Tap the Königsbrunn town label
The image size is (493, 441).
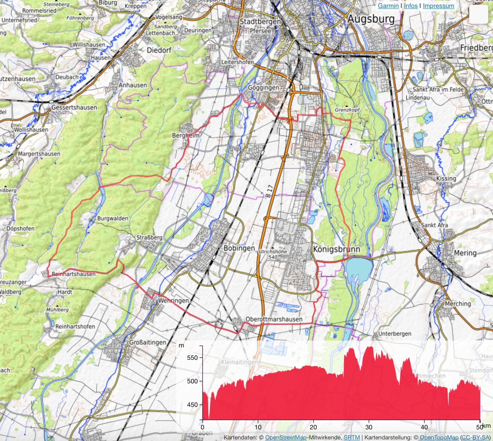pos(336,249)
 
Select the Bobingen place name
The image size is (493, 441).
pos(239,248)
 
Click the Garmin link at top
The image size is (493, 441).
pos(388,6)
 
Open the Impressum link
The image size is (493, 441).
pos(438,6)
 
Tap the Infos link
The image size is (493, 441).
pos(411,6)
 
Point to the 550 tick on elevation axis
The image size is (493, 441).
pos(193,358)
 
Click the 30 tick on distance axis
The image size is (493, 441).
pos(369,427)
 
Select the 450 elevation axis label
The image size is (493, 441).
pos(193,405)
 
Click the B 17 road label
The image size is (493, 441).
pos(270,191)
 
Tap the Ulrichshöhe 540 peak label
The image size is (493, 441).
pos(273,254)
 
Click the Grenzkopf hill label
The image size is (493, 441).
pos(347,110)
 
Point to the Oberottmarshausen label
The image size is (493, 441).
pos(274,319)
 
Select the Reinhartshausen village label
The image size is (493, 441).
pos(74,274)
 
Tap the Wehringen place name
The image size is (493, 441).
pos(174,300)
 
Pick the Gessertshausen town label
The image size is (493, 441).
pos(74,107)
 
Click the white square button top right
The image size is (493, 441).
pos(478,14)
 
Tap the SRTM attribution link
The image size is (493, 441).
pos(352,437)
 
